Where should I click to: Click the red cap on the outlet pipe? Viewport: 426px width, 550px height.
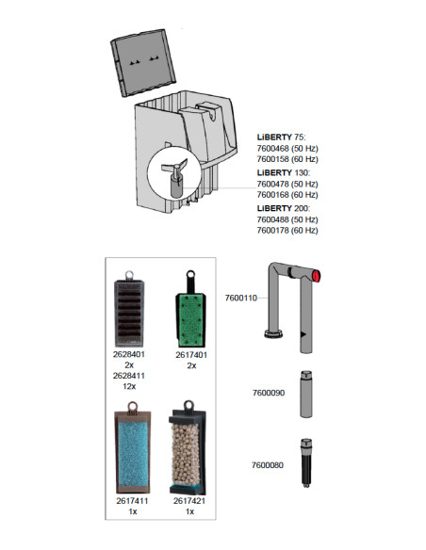click(x=316, y=276)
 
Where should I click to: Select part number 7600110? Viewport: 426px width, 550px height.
click(x=240, y=298)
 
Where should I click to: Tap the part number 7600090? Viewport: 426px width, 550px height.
click(x=269, y=393)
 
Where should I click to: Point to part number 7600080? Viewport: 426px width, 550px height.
click(x=268, y=465)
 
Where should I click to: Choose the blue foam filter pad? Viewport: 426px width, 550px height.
click(x=133, y=448)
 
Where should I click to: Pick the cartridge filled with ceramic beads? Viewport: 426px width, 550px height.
click(x=188, y=448)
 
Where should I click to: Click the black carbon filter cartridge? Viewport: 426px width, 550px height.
click(x=129, y=309)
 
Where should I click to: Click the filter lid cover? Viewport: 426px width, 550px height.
click(x=143, y=62)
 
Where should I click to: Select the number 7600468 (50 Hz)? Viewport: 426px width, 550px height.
click(x=287, y=149)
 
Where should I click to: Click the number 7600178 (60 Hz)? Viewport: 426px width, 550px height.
click(x=287, y=231)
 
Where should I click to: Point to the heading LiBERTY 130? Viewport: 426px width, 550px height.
click(x=284, y=172)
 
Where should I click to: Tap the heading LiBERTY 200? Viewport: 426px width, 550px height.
click(x=284, y=208)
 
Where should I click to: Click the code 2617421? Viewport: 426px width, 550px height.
click(x=189, y=501)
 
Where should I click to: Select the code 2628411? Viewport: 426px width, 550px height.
click(x=129, y=376)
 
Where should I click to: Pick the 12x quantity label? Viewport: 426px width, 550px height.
click(x=129, y=386)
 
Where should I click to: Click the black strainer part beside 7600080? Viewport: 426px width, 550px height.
click(x=306, y=462)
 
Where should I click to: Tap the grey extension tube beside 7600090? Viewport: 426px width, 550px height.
click(x=306, y=394)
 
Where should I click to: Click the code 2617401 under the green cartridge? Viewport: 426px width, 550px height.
click(x=191, y=355)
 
